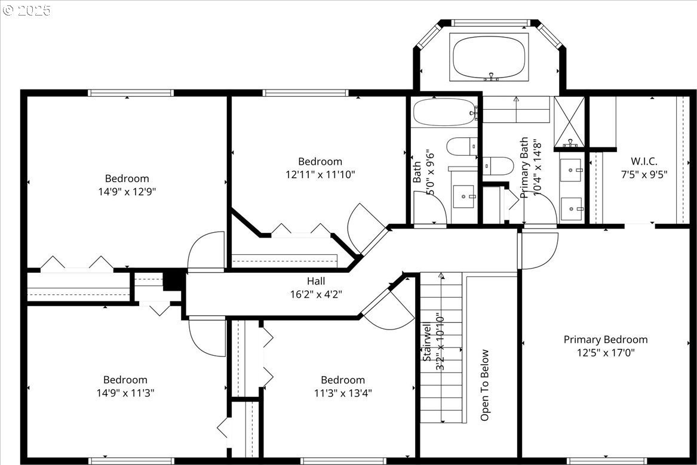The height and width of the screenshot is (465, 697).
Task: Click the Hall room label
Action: coord(315,281)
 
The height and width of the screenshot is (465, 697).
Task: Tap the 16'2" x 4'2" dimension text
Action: coord(316,294)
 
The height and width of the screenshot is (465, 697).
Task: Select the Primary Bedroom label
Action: coord(606,340)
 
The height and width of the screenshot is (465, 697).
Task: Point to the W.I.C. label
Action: coord(644,161)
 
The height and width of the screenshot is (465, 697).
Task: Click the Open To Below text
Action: coord(484,385)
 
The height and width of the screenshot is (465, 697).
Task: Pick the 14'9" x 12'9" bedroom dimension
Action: coord(127,192)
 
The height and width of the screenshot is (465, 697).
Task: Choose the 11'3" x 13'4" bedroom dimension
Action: coord(343,393)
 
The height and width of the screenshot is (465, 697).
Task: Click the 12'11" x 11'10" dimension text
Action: coord(320,174)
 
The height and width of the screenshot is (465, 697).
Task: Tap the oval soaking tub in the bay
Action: coord(489,57)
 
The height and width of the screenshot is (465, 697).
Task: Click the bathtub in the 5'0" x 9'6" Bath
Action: coord(444,112)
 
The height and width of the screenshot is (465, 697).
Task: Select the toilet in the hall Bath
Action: coord(462,147)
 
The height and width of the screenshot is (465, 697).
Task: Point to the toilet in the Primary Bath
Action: coord(498,166)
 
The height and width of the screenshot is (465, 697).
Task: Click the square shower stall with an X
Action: coord(569,121)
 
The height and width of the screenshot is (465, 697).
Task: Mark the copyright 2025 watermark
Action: coord(27,10)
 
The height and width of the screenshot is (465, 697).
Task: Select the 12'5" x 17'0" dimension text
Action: coord(606,353)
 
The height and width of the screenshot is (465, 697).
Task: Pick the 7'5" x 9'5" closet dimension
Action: coord(644,174)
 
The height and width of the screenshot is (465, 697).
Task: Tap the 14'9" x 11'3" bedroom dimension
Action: coord(125,393)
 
